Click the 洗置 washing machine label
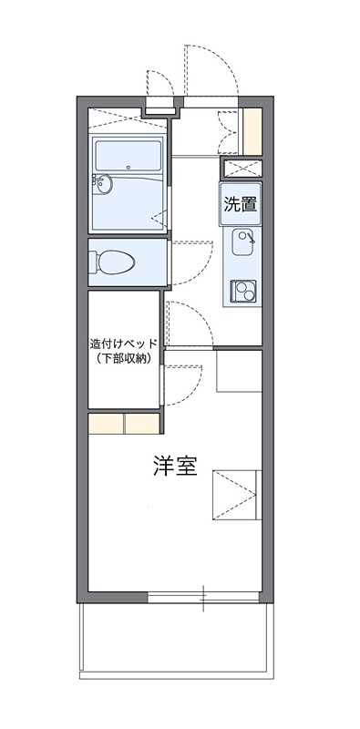pyautogui.click(x=240, y=204)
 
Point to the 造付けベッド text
pyautogui.click(x=124, y=344)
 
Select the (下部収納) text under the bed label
pyautogui.click(x=124, y=359)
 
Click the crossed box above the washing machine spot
pyautogui.click(x=242, y=169)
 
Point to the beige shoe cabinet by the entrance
pyautogui.click(x=252, y=130)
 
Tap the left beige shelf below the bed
pyautogui.click(x=106, y=424)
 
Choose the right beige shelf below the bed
pyautogui.click(x=143, y=424)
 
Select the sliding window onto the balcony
pyautogui.click(x=203, y=597)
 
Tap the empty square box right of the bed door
pyautogui.click(x=238, y=371)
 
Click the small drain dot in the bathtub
pyautogui.click(x=129, y=167)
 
